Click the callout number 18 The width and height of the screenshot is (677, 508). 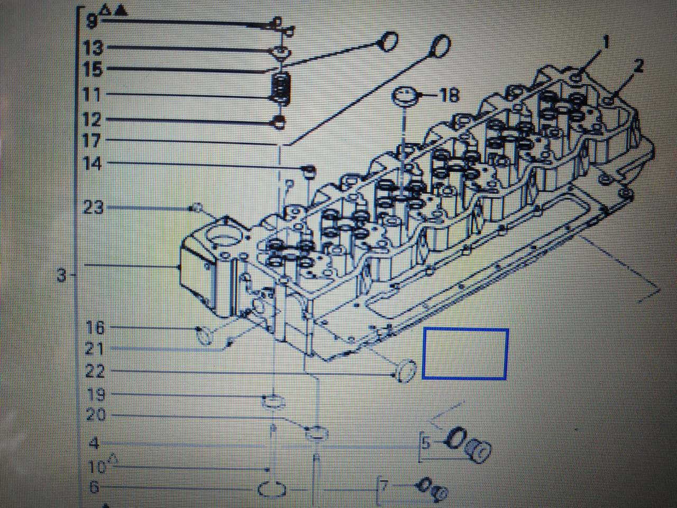(x=450, y=95)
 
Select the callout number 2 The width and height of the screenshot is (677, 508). (x=638, y=66)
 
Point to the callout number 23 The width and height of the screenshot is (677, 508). (x=94, y=207)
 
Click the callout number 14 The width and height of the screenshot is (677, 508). (x=92, y=164)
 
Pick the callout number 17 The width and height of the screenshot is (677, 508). (x=92, y=141)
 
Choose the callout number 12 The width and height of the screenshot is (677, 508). (x=92, y=119)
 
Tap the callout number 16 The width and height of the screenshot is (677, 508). (x=95, y=328)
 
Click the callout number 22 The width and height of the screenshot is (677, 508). (x=95, y=371)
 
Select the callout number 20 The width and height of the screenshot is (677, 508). (x=96, y=414)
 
